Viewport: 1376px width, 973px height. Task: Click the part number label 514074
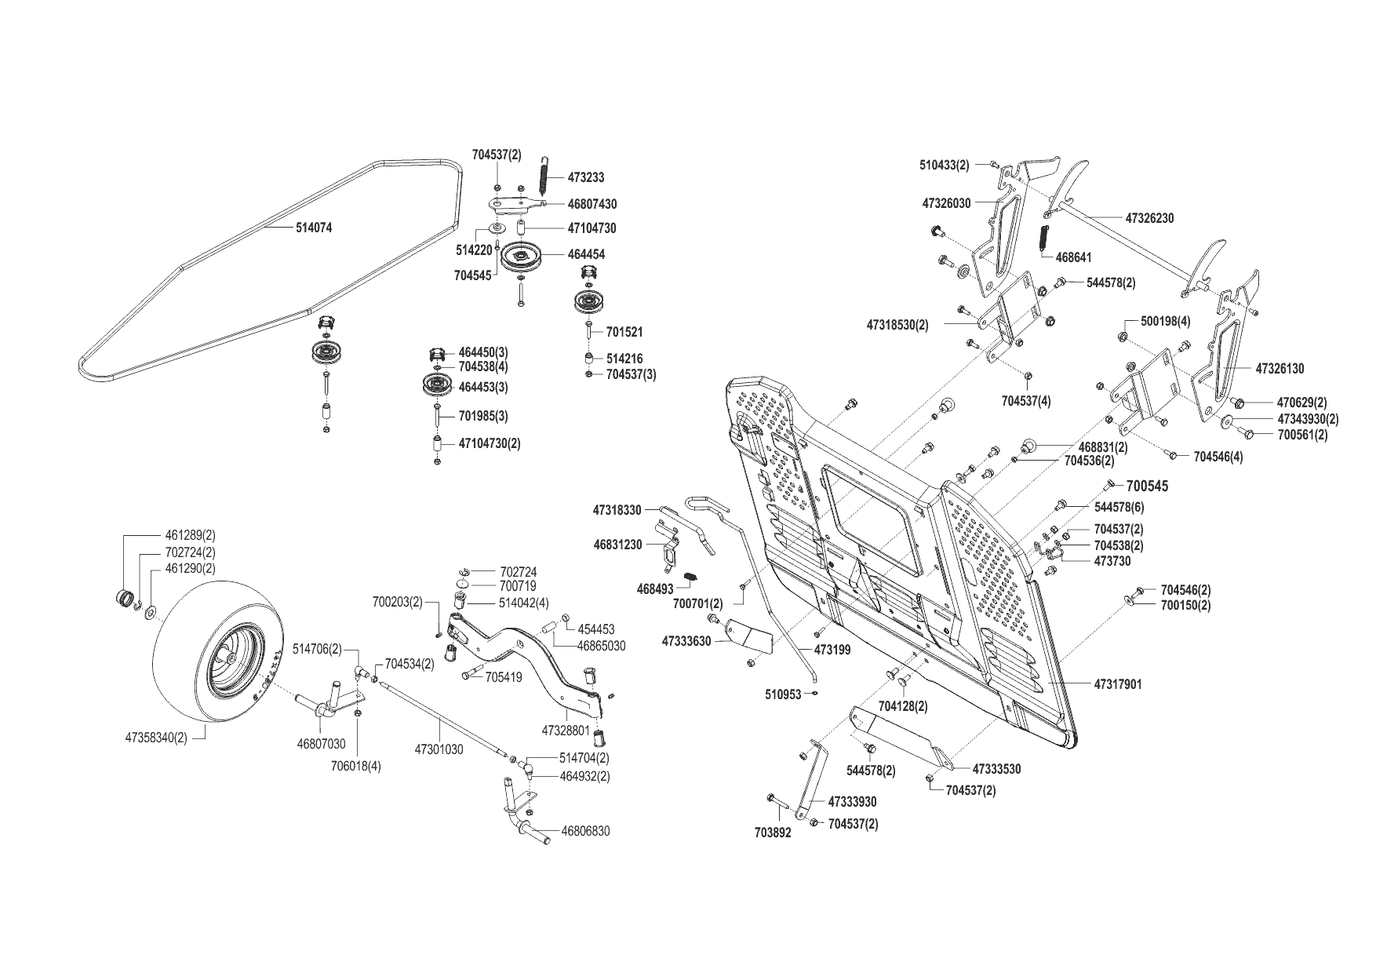pyautogui.click(x=314, y=228)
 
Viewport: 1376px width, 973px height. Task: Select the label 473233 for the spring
pyautogui.click(x=585, y=178)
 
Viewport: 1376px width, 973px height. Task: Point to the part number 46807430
pyautogui.click(x=592, y=204)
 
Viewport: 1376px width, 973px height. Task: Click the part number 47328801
pyautogui.click(x=565, y=731)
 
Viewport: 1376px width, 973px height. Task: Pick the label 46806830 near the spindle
pyautogui.click(x=584, y=831)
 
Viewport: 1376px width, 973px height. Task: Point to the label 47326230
pyautogui.click(x=1149, y=218)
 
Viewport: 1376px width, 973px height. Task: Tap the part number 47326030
pyautogui.click(x=946, y=203)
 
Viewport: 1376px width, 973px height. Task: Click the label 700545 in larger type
pyautogui.click(x=1147, y=486)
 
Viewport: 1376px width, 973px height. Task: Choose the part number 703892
pyautogui.click(x=773, y=833)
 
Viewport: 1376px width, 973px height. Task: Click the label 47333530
pyautogui.click(x=996, y=770)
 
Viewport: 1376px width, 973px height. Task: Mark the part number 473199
pyautogui.click(x=832, y=650)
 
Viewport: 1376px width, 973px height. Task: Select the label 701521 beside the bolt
pyautogui.click(x=624, y=333)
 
